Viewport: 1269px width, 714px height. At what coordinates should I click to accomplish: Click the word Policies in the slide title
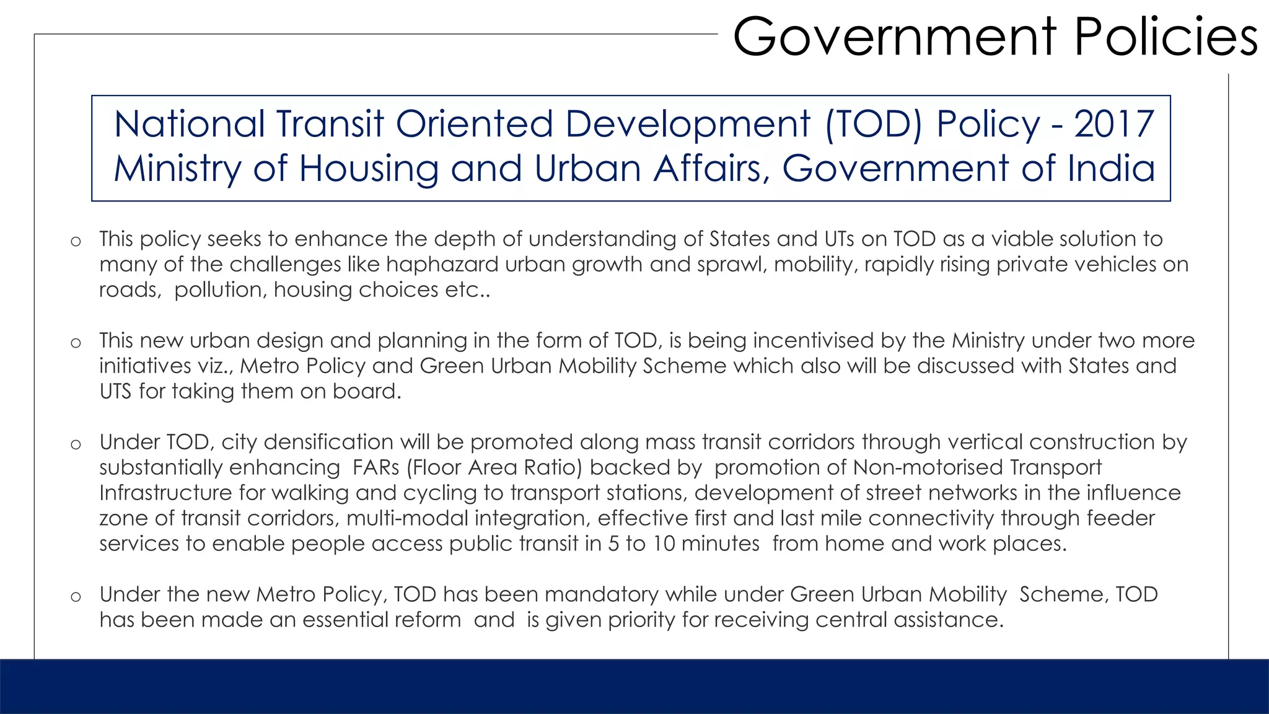pos(1166,37)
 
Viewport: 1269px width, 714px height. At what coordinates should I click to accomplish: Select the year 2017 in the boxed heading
pos(1113,124)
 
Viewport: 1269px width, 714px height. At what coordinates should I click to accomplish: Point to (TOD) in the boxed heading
pos(874,124)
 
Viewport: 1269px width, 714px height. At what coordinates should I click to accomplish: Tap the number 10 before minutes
pos(664,544)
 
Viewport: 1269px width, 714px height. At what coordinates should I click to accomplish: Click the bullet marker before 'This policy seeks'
pos(76,241)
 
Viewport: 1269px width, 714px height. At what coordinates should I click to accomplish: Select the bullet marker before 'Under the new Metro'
pos(76,597)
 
